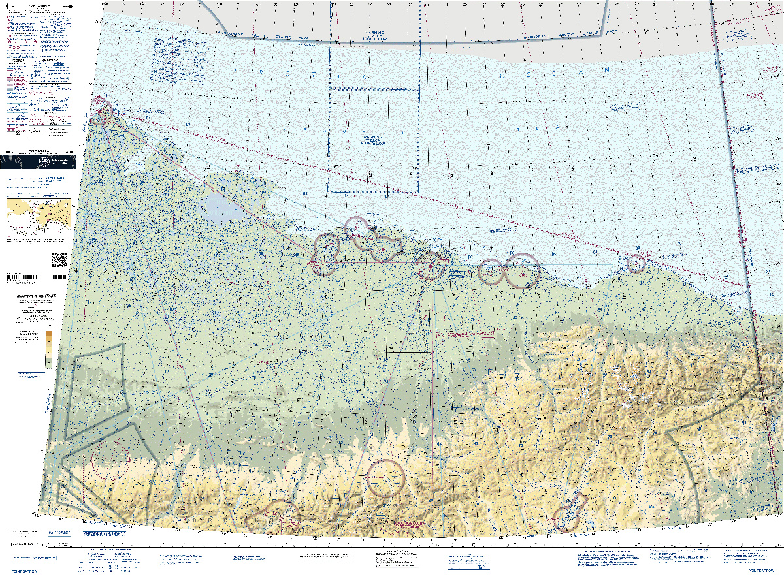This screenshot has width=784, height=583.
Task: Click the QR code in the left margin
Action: click(x=59, y=259)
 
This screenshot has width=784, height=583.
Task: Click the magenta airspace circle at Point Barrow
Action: click(x=101, y=110)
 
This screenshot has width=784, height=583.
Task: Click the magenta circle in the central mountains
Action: click(x=386, y=479)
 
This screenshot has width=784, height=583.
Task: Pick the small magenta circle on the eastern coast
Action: click(x=636, y=263)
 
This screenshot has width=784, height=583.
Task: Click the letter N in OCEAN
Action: click(x=606, y=69)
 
